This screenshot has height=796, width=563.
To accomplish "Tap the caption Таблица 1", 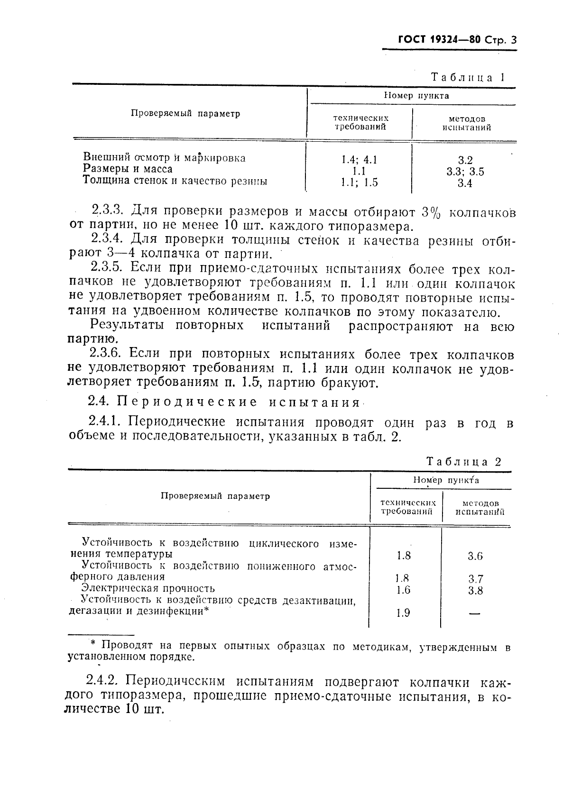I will [x=467, y=77].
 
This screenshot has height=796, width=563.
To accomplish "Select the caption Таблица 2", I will [x=463, y=461].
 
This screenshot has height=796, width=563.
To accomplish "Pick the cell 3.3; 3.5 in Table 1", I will [x=465, y=172].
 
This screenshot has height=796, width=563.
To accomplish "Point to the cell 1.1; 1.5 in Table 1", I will [x=359, y=183].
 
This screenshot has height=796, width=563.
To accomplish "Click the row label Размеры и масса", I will [x=128, y=169].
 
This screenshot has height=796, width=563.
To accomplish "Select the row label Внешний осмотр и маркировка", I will [x=164, y=157].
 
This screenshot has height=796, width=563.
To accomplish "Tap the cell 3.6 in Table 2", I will [x=475, y=556].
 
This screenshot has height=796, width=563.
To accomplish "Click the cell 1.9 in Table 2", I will [x=403, y=613].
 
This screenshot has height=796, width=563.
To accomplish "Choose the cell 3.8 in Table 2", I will [x=475, y=590].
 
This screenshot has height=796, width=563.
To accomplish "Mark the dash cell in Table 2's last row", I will [x=475, y=613].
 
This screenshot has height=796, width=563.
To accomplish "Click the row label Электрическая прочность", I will [x=148, y=588].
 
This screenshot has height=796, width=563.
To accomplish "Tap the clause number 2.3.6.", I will [x=105, y=354].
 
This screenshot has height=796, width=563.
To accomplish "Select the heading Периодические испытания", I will [x=239, y=403].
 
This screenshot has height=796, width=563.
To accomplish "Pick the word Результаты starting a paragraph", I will [x=127, y=326].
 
